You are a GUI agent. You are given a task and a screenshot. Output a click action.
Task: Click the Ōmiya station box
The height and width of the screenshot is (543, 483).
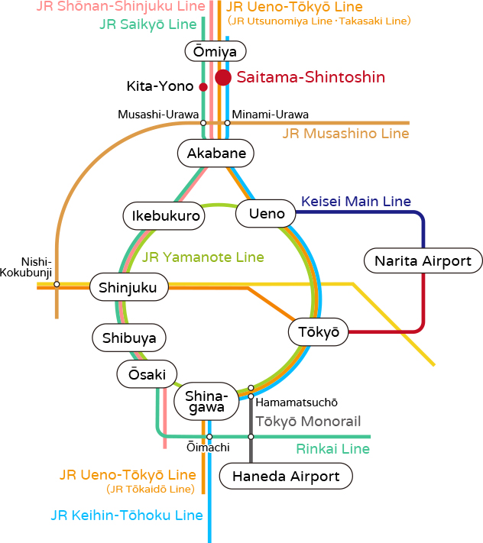[x=216, y=52]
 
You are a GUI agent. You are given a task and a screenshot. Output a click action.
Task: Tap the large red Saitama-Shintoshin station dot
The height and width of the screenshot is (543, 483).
[x=223, y=77]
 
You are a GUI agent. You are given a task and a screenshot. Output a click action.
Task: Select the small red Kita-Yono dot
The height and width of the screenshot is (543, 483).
[x=203, y=87]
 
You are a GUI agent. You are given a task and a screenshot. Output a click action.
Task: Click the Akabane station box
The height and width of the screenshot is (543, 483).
[x=216, y=154]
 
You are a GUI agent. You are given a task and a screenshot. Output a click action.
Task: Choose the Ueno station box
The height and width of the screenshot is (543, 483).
[x=267, y=214]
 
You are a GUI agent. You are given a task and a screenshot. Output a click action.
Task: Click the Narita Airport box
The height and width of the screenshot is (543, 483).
[x=423, y=261]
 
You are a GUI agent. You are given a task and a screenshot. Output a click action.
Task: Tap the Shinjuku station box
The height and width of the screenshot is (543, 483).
[x=128, y=288]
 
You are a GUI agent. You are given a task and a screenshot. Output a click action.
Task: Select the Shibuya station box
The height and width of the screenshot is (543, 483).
[x=129, y=338]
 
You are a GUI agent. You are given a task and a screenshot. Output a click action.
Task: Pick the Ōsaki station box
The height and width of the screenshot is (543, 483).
[x=141, y=374]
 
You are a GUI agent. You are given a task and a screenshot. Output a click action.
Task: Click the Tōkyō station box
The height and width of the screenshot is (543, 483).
[x=319, y=332]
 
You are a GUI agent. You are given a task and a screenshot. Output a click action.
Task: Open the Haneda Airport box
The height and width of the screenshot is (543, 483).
[x=286, y=477]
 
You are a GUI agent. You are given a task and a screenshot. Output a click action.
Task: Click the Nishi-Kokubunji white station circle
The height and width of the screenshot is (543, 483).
[x=57, y=284]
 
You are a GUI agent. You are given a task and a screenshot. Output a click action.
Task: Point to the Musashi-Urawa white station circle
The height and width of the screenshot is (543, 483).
[x=203, y=122]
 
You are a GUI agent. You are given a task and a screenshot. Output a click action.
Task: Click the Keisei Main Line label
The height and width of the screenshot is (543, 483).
[x=356, y=202]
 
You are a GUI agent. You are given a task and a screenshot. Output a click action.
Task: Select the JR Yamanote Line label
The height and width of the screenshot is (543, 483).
[x=203, y=257]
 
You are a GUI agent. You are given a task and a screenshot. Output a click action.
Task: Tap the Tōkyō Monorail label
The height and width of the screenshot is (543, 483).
[x=307, y=421]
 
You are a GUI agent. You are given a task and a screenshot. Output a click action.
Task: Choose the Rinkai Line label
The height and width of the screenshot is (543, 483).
[x=332, y=449]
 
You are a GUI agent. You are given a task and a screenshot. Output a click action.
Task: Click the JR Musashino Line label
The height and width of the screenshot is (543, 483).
[x=345, y=134]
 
